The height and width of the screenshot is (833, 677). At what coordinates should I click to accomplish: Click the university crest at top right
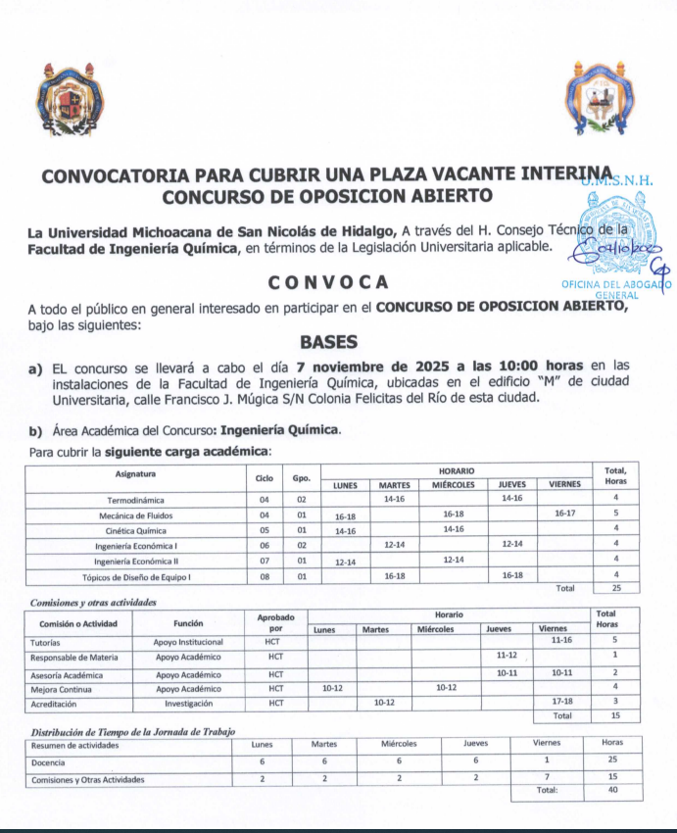click(601, 101)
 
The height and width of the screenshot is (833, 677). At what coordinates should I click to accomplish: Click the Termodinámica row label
click(136, 499)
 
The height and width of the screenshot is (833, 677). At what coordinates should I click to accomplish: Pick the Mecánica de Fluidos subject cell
click(136, 514)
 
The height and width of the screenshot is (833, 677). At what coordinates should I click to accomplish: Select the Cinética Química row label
click(136, 529)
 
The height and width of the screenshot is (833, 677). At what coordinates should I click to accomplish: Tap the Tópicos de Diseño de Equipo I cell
click(136, 576)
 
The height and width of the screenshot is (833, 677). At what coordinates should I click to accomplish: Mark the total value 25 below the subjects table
click(615, 589)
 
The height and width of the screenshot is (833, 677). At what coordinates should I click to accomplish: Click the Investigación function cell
click(188, 704)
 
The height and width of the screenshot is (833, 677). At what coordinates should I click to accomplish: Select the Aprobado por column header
click(275, 622)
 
